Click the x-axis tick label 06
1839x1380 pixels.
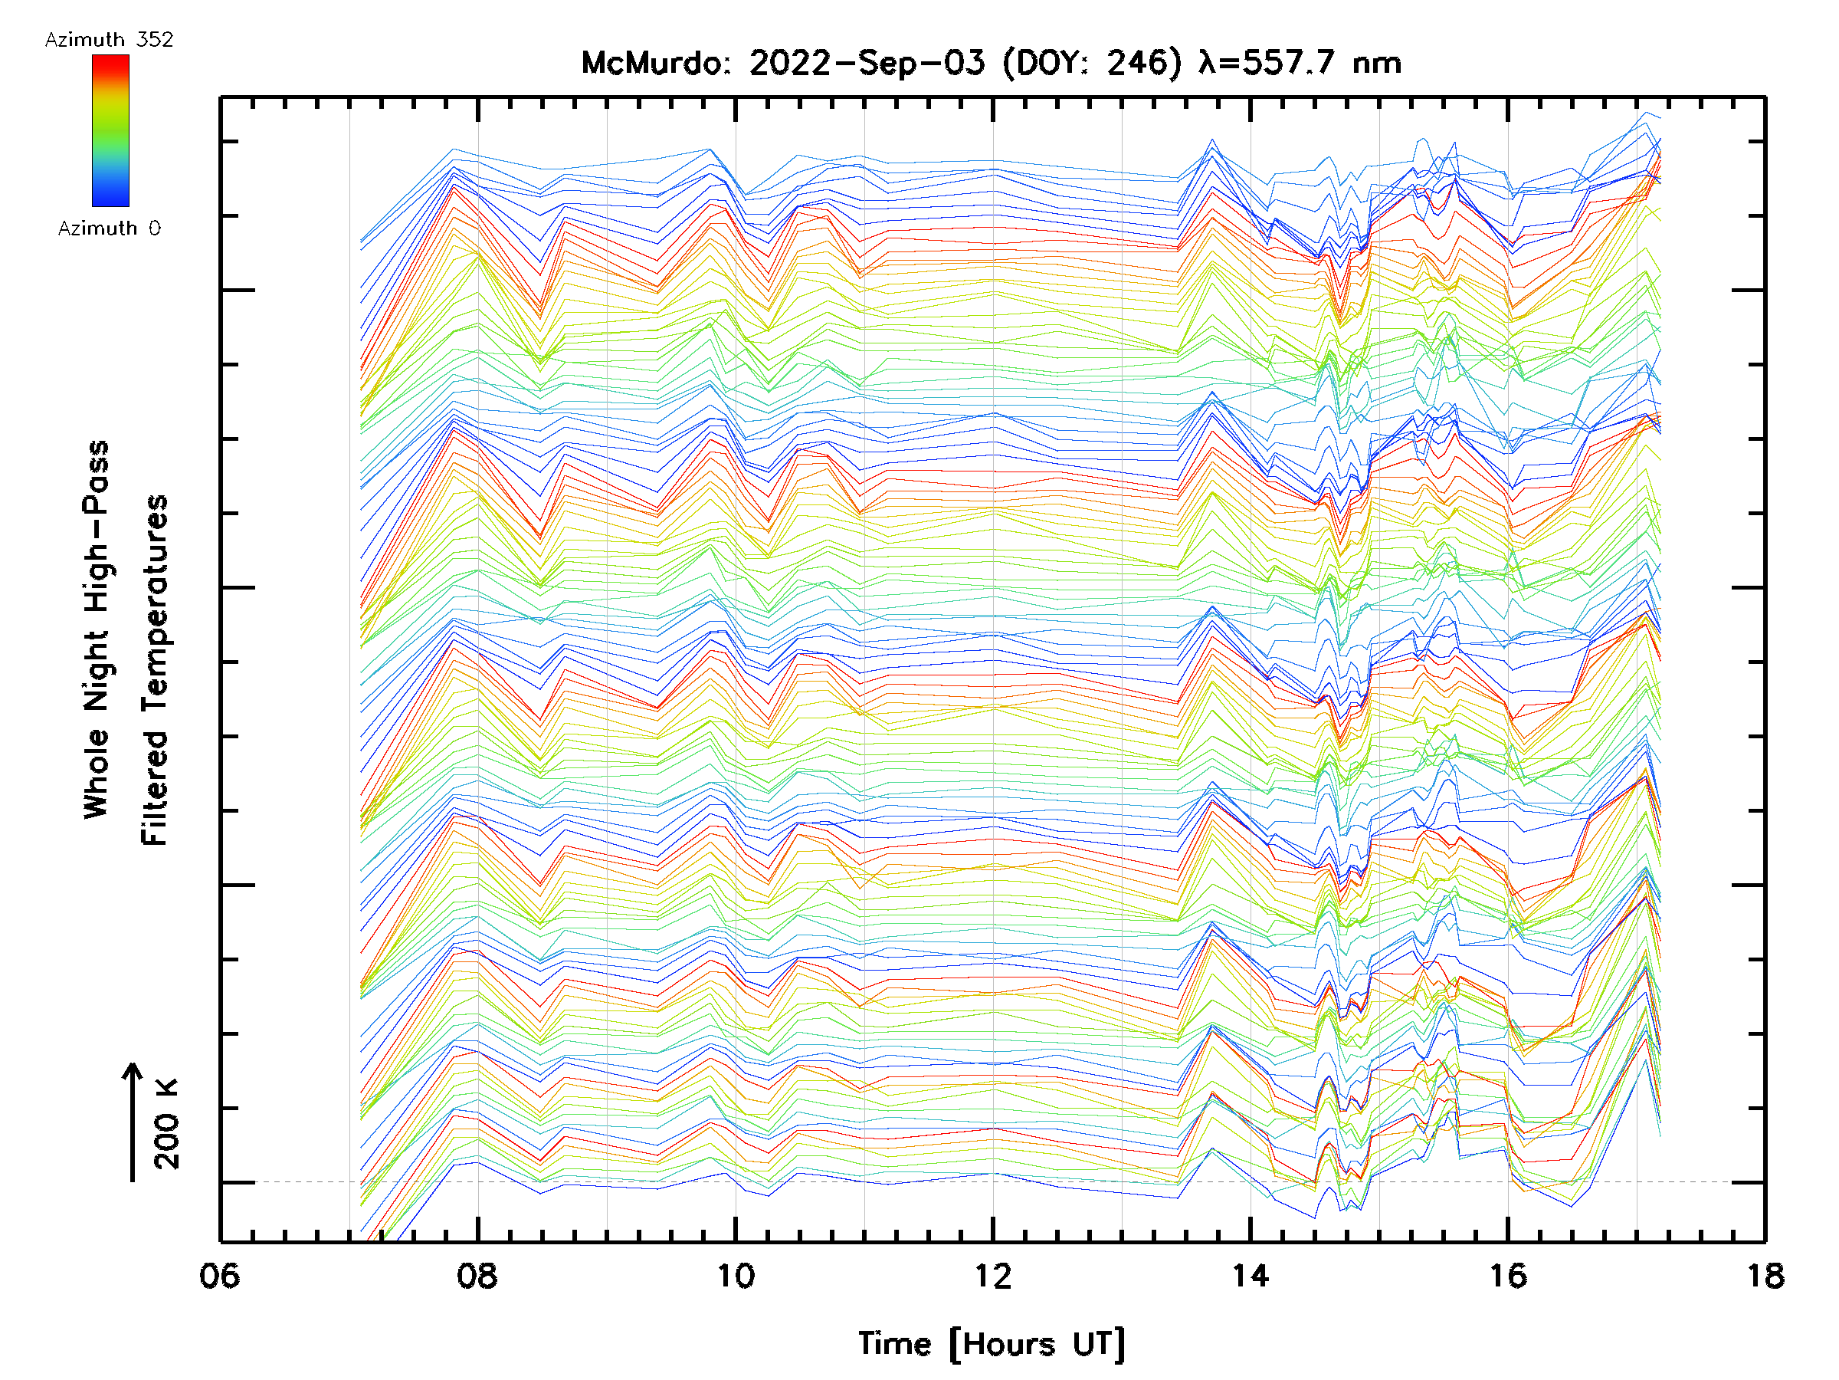[x=219, y=1276]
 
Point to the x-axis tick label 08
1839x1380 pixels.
[x=477, y=1276]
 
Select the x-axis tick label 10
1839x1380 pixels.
[x=735, y=1276]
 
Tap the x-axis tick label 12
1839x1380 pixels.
[x=992, y=1276]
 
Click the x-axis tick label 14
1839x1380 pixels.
[x=1251, y=1276]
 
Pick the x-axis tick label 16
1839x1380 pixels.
[x=1508, y=1276]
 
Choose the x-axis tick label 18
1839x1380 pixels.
[x=1765, y=1276]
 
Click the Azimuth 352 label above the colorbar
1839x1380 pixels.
[x=109, y=40]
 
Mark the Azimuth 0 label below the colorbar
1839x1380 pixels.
[x=109, y=228]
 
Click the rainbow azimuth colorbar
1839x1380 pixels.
[x=110, y=130]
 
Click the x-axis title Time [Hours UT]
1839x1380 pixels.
[x=992, y=1344]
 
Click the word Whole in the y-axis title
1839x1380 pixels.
[x=97, y=774]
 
